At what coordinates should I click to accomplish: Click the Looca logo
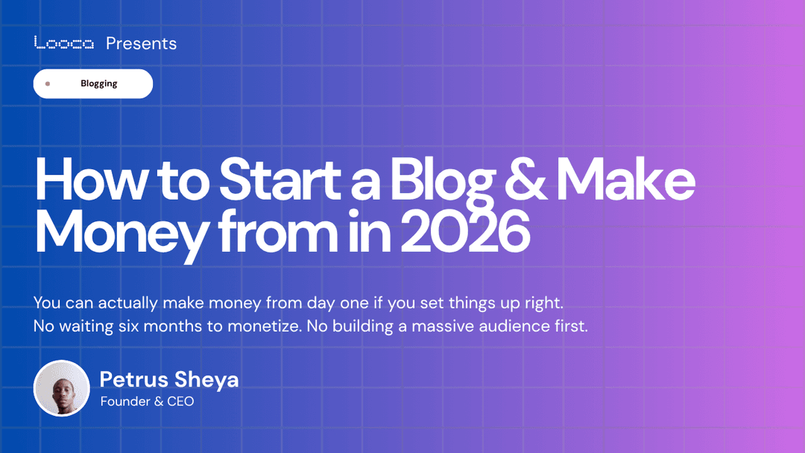(64, 43)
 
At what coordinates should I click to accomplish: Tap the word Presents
(142, 43)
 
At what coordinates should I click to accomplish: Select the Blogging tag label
(99, 83)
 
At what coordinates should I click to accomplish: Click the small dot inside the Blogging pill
(48, 83)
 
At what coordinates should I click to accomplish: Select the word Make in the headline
(626, 182)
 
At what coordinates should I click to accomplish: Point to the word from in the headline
(275, 232)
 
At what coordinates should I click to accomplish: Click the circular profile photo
(62, 388)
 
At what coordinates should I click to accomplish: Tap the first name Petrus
(134, 379)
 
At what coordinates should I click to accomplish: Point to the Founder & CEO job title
(147, 402)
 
